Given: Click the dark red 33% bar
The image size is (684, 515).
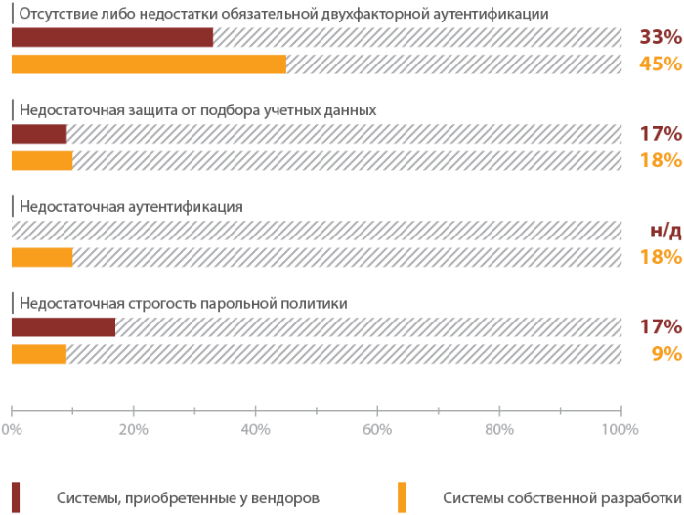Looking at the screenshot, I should point(111,38).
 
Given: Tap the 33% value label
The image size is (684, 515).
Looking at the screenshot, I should point(660,38).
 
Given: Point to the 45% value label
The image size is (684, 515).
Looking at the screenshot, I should point(660,64).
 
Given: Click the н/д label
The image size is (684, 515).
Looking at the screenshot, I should point(665,232).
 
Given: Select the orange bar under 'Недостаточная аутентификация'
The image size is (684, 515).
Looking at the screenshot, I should point(42,257).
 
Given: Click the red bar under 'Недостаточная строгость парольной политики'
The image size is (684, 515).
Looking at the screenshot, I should point(63,327).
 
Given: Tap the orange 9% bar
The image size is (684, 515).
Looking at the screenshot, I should point(39,354).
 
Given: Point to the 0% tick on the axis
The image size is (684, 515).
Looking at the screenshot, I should point(12,428).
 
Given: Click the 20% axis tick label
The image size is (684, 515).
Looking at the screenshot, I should point(133,428).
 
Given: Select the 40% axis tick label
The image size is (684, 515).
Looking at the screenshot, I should point(255,428).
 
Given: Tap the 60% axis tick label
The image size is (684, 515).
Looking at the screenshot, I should point(377,428).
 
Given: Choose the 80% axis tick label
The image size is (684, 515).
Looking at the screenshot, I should point(499,428).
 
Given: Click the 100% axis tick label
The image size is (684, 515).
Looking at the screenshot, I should point(620,428).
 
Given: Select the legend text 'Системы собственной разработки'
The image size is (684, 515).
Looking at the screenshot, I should point(561,497).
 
